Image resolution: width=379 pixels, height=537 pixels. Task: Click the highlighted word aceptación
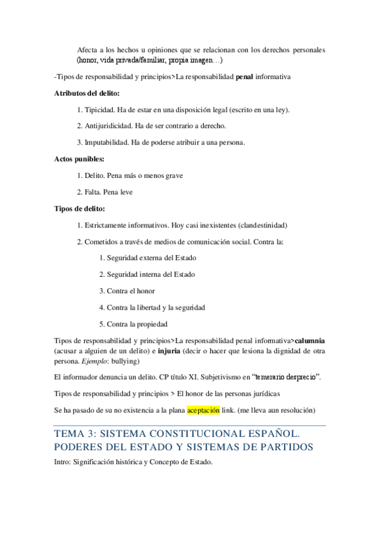pyautogui.click(x=203, y=410)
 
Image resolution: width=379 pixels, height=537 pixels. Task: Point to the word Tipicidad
pyautogui.click(x=100, y=110)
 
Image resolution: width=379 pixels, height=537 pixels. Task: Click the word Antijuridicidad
pyautogui.click(x=109, y=126)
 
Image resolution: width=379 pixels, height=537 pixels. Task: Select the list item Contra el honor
pyautogui.click(x=131, y=291)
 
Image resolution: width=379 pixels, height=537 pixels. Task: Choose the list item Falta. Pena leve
pyautogui.click(x=110, y=192)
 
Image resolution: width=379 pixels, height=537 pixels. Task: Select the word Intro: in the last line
pyautogui.click(x=65, y=462)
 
